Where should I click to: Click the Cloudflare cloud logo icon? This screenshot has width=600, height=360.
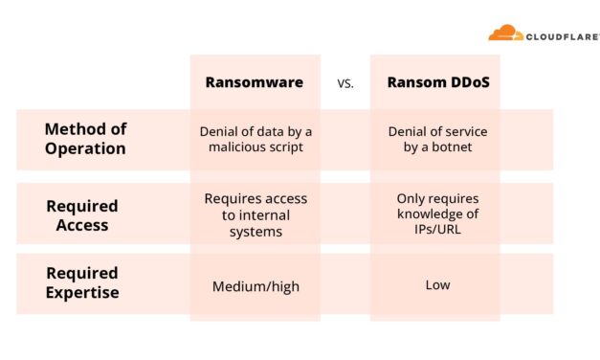coord(504,34)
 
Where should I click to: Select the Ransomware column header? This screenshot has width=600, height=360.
coord(255,82)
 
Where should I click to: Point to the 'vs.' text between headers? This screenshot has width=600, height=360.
coord(345,83)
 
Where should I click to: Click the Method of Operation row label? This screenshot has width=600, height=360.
coord(85,140)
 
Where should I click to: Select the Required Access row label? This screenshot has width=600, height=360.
coord(82,214)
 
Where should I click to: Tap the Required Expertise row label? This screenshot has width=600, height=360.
coord(82,284)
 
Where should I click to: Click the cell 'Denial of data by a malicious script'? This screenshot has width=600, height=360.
coord(255,140)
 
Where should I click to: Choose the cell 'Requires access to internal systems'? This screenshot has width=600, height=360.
coord(256,214)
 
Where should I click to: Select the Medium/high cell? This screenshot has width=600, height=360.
coord(255,285)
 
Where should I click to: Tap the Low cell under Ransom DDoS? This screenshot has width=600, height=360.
coord(437,284)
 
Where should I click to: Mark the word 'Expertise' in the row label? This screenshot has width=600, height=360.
coord(82,293)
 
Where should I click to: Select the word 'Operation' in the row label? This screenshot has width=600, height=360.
coord(85,148)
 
